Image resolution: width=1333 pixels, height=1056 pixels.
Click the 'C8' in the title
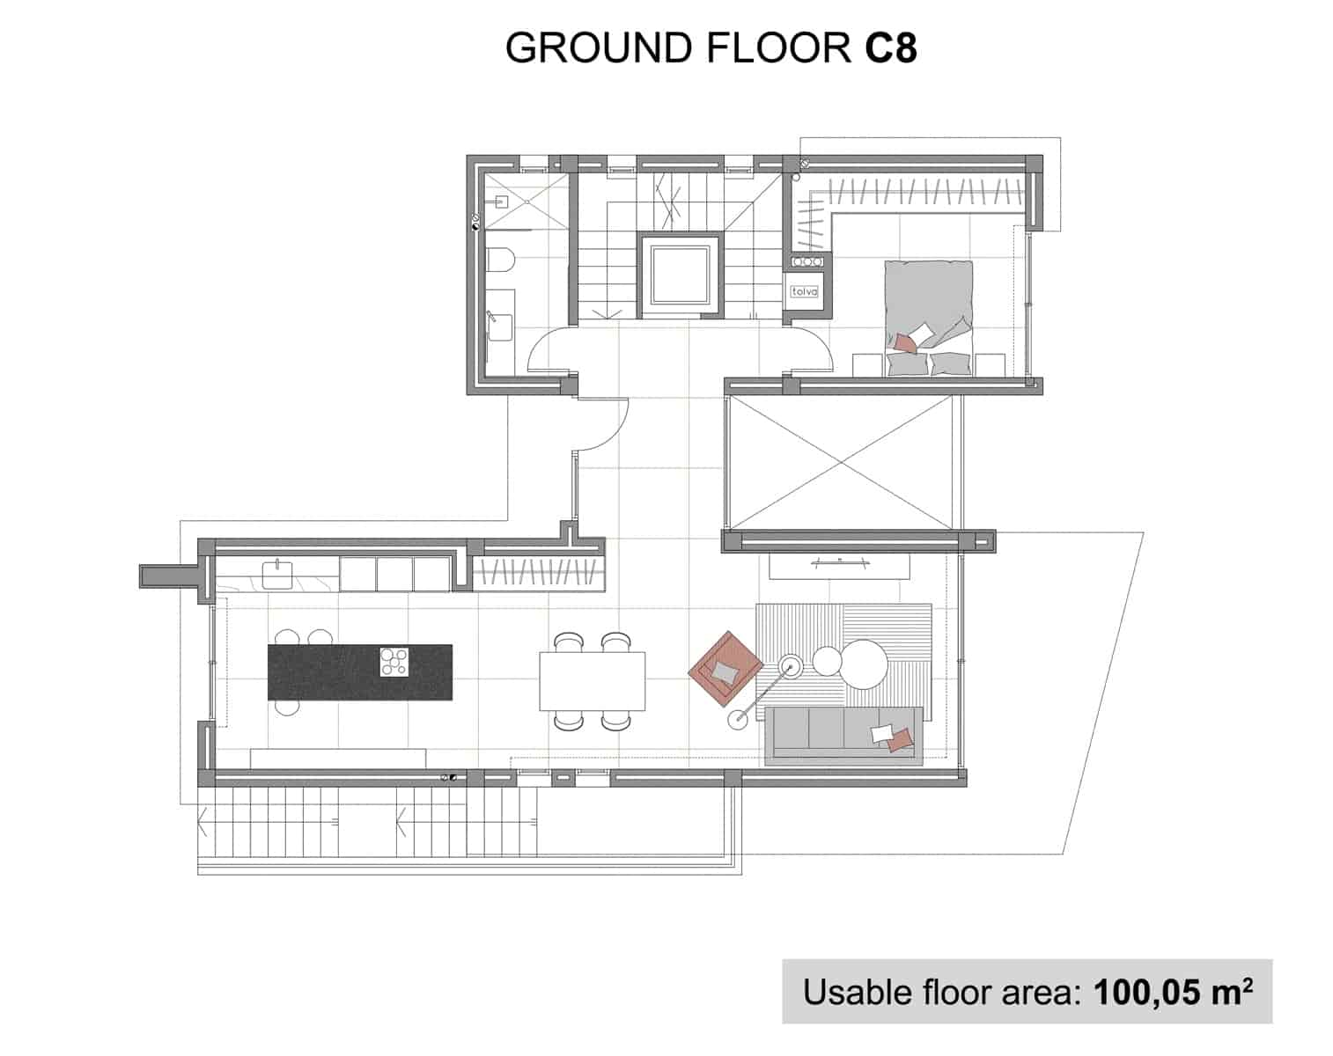coord(890,48)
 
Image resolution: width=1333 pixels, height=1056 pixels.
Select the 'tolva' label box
coord(805,291)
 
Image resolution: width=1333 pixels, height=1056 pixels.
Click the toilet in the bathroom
coord(500,261)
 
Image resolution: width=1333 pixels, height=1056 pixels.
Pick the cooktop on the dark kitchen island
coord(394,662)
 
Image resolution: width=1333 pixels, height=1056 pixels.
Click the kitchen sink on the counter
coord(277,574)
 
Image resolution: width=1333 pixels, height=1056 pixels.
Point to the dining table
coord(593,680)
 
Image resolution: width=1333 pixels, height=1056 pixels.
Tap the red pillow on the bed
coord(903,343)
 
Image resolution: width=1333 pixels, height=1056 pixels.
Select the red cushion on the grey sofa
coord(899,741)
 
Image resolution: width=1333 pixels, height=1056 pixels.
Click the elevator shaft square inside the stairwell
coord(680,273)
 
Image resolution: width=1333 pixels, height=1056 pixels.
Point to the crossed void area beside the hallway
coord(843,461)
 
